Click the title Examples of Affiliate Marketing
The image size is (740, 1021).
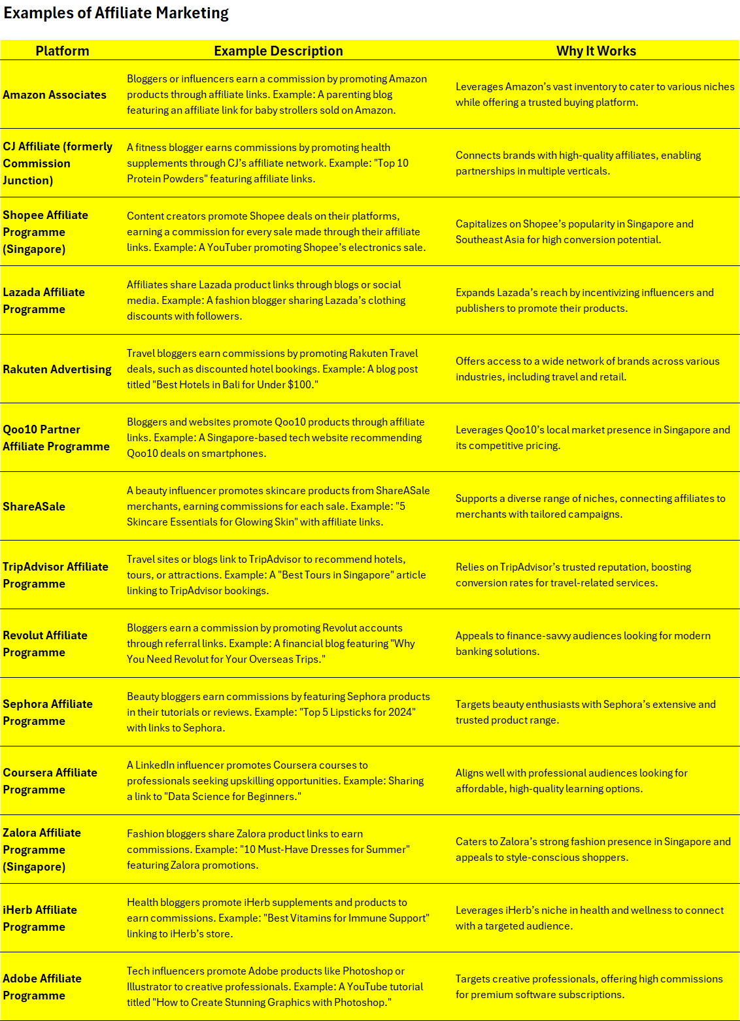116,13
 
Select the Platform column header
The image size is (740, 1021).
62,51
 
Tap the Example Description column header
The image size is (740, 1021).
278,51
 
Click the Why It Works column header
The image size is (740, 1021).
596,51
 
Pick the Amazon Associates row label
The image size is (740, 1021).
54,95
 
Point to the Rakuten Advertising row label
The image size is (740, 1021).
57,369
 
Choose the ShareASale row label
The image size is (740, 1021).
34,507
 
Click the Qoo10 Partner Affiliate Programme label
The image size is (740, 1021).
56,438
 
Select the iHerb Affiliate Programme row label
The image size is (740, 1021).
40,918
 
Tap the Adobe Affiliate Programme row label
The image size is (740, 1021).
42,987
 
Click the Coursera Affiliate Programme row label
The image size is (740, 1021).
50,781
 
